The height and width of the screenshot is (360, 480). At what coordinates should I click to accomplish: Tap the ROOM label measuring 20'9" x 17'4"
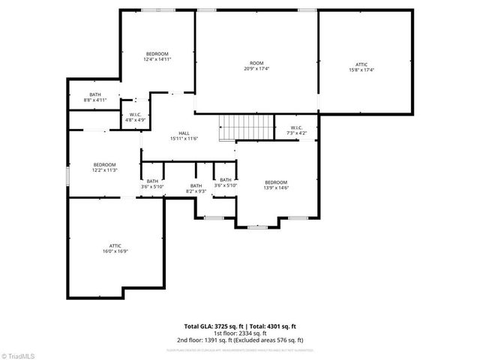pos(256,63)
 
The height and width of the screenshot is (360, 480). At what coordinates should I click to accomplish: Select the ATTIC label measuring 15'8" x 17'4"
pos(361,64)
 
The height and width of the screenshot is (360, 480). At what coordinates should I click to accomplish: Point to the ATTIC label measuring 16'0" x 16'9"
pos(115,245)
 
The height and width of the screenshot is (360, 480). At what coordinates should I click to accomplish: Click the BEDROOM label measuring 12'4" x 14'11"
pos(157,54)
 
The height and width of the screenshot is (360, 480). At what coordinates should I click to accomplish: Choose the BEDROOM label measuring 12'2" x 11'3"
pos(105,165)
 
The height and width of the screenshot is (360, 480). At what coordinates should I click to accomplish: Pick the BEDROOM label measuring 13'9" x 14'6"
pos(276,182)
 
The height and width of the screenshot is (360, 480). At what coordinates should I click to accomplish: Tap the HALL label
pos(184,133)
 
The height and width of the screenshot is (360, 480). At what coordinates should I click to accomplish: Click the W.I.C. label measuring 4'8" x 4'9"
pos(135,114)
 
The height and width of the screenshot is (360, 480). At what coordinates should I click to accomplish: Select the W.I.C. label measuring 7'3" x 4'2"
pos(295,127)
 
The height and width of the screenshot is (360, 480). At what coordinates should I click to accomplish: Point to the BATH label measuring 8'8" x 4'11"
pos(94,94)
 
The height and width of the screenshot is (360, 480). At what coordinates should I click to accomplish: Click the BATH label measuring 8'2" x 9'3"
pos(196,186)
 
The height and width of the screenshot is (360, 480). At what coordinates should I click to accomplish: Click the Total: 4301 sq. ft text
pos(272,326)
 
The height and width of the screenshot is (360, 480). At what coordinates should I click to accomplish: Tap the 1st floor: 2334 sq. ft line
pos(240,333)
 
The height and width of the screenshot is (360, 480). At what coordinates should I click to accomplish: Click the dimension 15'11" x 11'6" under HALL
pos(184,139)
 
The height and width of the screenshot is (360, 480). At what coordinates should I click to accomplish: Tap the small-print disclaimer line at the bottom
pos(240,349)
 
